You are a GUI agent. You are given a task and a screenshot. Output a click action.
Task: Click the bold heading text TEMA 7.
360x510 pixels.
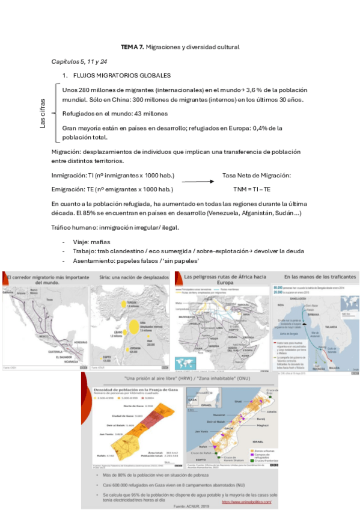(132, 47)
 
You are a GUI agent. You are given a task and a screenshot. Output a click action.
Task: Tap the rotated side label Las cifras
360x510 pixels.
(43, 112)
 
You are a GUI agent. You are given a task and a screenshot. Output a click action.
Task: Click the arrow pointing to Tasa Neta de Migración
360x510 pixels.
(198, 180)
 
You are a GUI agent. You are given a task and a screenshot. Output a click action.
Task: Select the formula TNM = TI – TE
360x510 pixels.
(252, 189)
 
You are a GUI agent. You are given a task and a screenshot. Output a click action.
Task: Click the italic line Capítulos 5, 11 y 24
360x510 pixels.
(79, 61)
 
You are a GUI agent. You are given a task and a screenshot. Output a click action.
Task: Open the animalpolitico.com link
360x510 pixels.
(246, 502)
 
